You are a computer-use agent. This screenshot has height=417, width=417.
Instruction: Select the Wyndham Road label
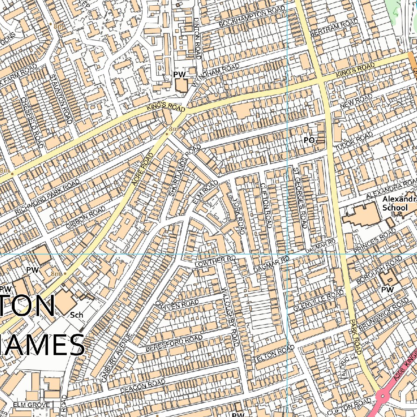click(216, 75)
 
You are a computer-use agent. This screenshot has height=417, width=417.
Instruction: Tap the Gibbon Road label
click(86, 217)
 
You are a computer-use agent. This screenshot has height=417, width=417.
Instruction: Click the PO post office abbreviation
click(309, 140)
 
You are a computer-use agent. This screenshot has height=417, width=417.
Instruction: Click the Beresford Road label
click(174, 344)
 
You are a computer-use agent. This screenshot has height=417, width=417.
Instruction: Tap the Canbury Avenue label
click(116, 358)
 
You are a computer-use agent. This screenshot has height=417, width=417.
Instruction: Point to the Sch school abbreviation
click(77, 315)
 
